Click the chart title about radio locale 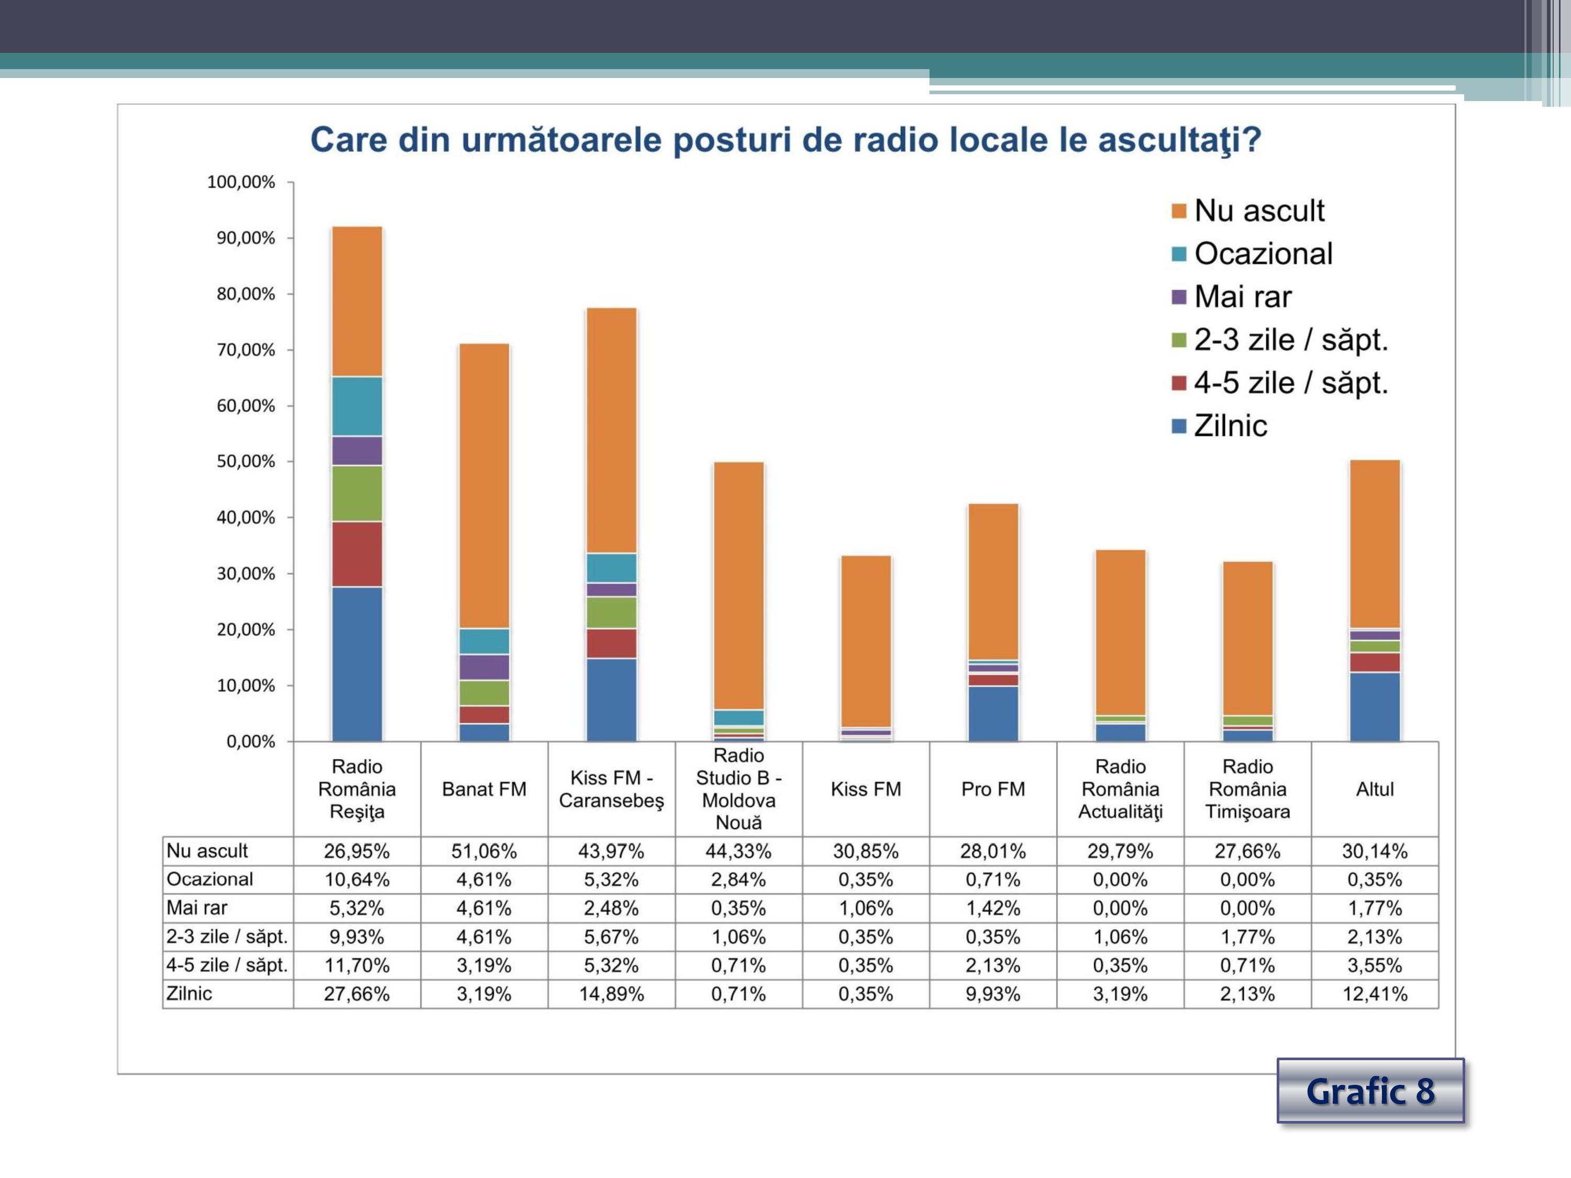[x=785, y=140]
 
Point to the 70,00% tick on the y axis [x=246, y=350]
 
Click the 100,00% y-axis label [x=241, y=183]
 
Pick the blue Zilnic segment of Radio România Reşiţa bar [x=357, y=664]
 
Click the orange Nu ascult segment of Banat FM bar [x=484, y=486]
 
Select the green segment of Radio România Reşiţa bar [x=357, y=494]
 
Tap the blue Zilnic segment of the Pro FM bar [x=993, y=714]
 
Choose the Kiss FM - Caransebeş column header [x=612, y=789]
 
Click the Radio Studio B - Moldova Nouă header [x=738, y=789]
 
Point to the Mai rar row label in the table [x=197, y=908]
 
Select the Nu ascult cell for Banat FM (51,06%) [x=484, y=851]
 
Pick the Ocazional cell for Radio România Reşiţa [x=357, y=880]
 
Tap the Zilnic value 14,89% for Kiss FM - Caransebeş [x=612, y=994]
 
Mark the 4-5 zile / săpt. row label [x=227, y=965]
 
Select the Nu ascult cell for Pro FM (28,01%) [x=993, y=851]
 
